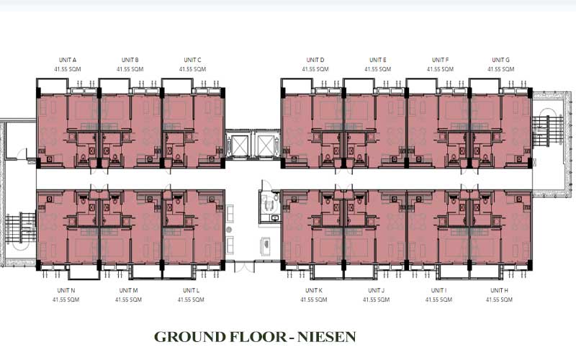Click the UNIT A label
tap(68, 60)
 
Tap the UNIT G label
tap(500, 60)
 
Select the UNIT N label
tap(66, 290)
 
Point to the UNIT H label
tap(499, 290)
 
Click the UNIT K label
tap(314, 290)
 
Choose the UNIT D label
tap(315, 60)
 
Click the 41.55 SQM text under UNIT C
tap(192, 69)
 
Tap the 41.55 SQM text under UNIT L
tap(191, 300)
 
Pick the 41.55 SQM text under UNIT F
tap(440, 69)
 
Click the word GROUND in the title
tap(190, 337)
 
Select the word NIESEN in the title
tap(327, 337)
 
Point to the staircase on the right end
tap(547, 131)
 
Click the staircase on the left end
tap(21, 228)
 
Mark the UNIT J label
tap(376, 290)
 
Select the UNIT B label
tap(130, 60)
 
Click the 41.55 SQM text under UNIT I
tap(438, 300)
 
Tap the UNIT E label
tap(377, 60)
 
